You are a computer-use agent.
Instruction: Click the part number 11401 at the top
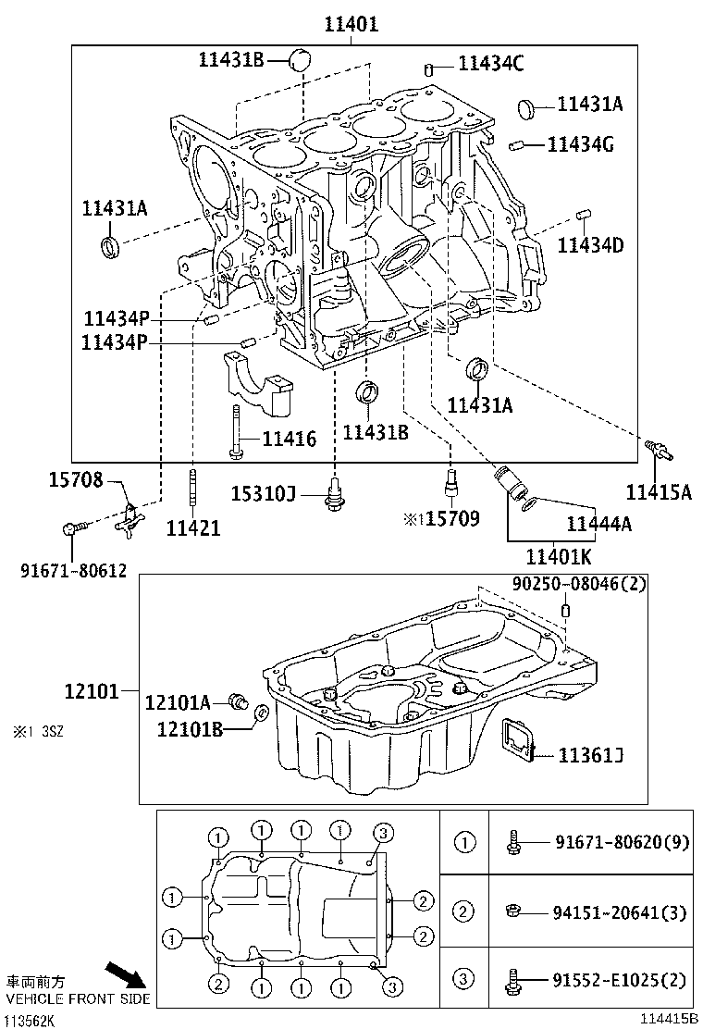351,24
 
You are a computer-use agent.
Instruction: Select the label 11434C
491,63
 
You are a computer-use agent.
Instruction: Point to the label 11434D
590,245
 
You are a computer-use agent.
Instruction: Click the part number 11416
289,439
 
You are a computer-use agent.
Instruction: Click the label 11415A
658,492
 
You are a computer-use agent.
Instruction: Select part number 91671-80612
73,571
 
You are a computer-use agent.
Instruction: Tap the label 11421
193,528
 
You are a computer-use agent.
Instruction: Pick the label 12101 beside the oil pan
92,691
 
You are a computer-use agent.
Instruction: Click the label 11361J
590,756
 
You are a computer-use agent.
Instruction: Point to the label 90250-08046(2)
579,584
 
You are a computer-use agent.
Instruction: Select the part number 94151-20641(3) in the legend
621,912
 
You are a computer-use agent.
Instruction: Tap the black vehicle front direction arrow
124,974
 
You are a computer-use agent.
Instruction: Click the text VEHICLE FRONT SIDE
78,1000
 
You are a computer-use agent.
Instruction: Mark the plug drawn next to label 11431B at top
298,61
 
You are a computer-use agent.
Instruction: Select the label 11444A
598,525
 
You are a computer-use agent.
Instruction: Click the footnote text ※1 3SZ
38,731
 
